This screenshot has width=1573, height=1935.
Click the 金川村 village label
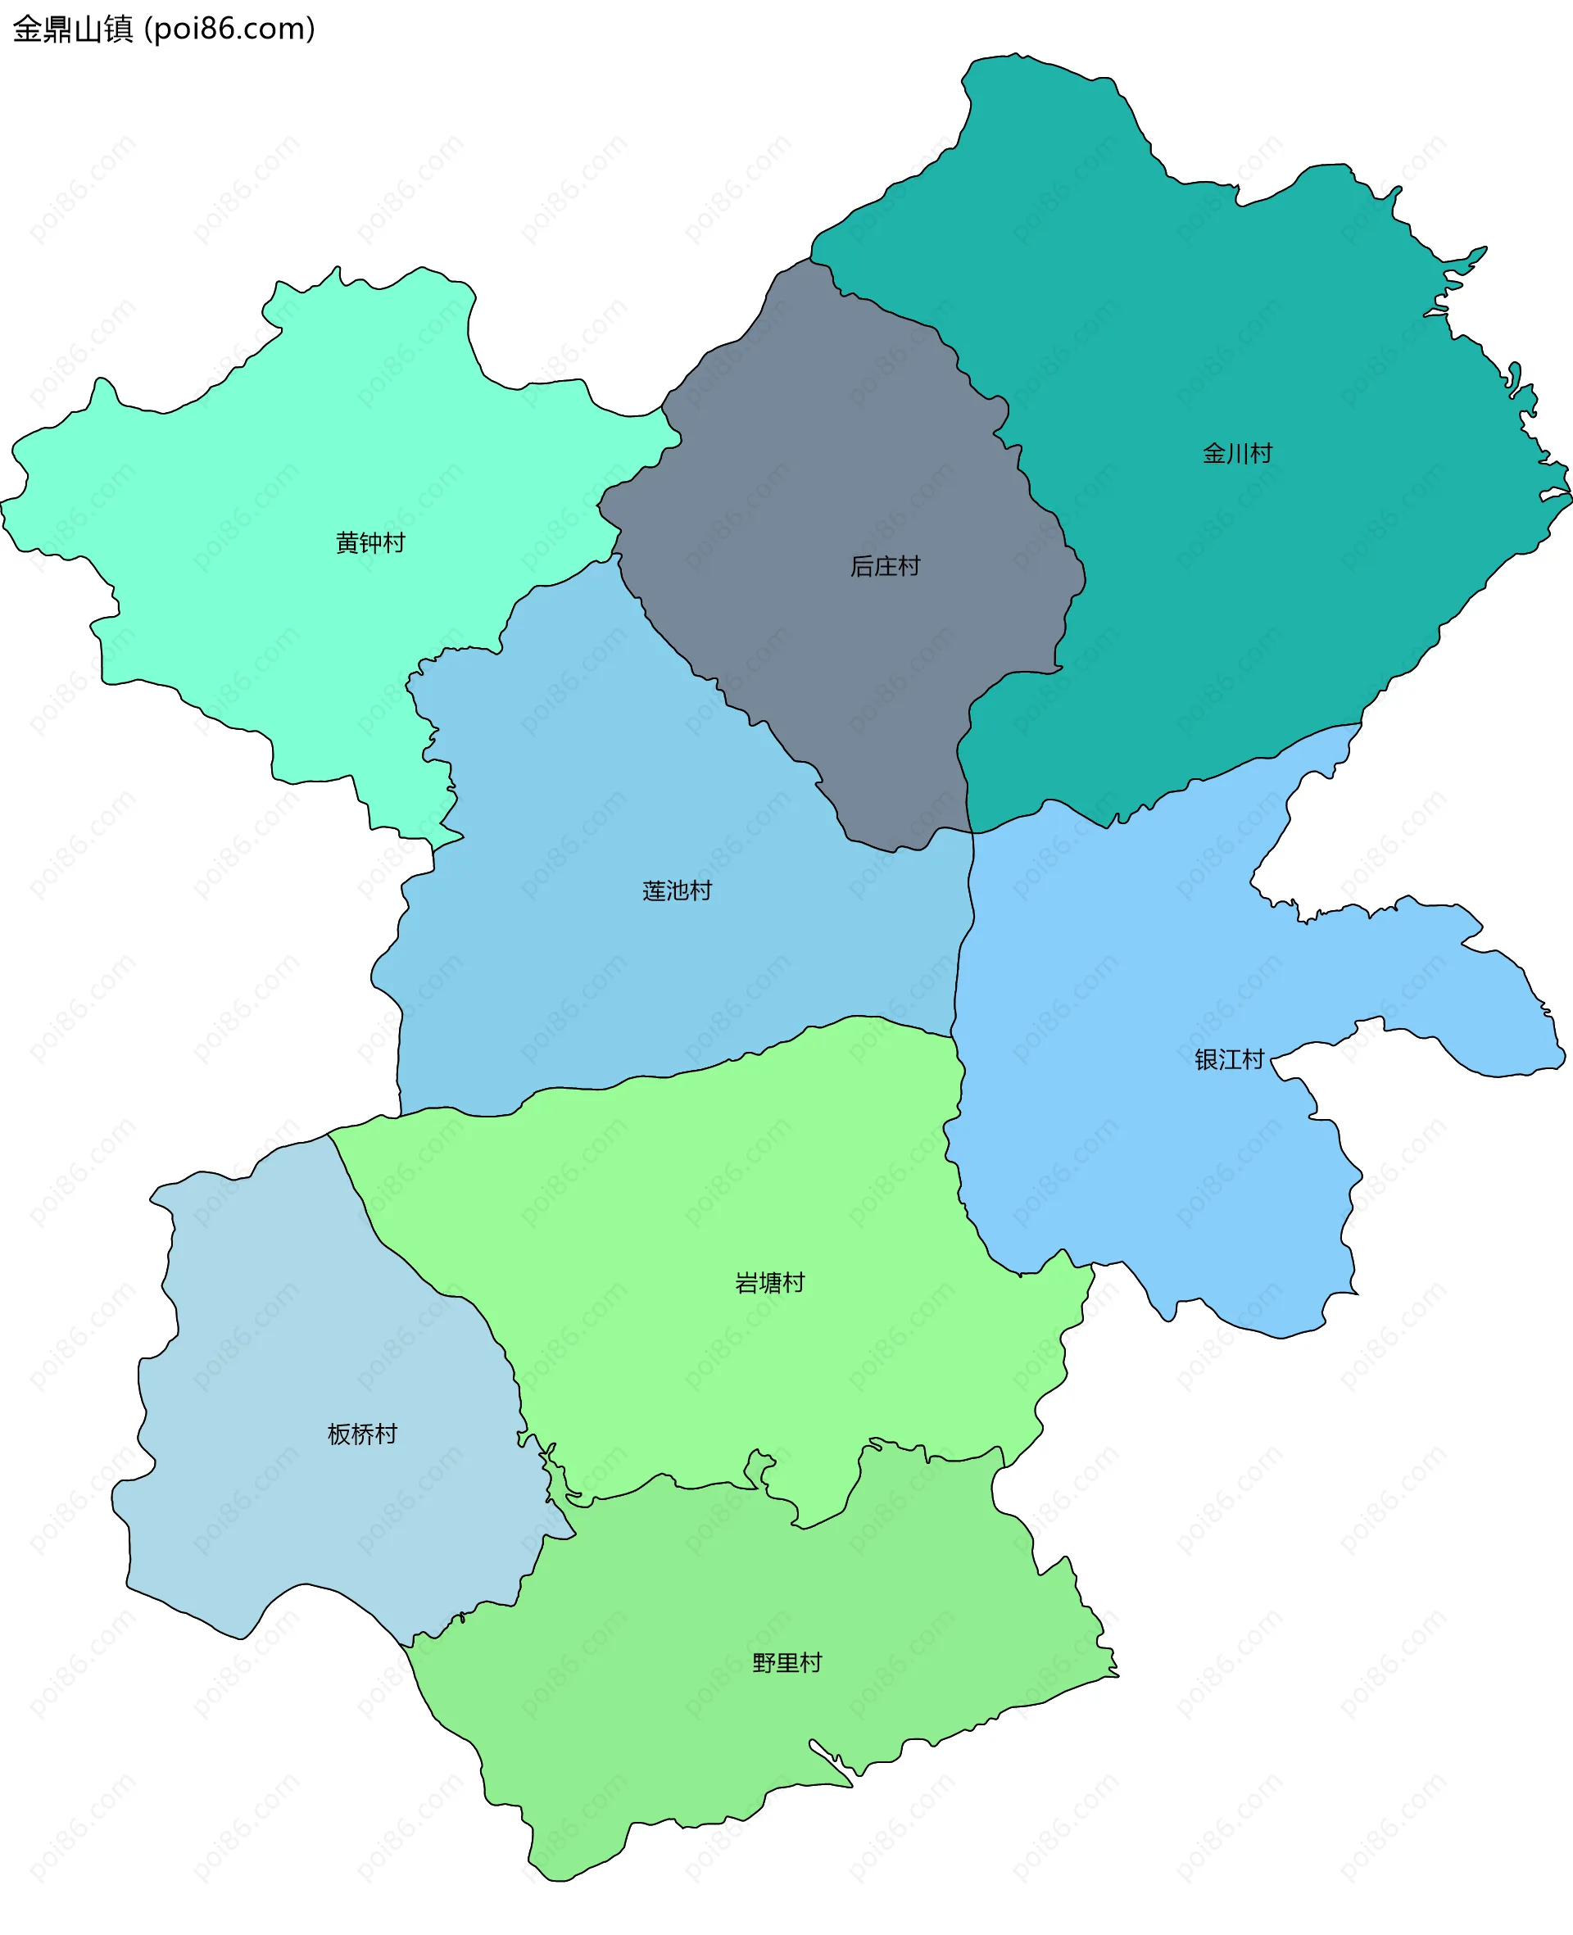(x=1237, y=453)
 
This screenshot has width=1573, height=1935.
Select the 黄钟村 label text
(x=369, y=542)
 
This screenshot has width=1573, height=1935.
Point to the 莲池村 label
(x=677, y=890)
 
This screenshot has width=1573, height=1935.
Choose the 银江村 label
(x=1229, y=1059)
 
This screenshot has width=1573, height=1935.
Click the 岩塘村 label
(x=769, y=1283)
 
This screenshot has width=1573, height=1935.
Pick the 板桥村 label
(x=361, y=1434)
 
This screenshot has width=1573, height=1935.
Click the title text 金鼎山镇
(x=72, y=29)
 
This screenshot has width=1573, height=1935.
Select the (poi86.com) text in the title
(x=230, y=29)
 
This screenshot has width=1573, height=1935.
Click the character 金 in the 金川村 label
(x=1214, y=453)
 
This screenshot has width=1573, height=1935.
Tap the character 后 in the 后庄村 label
(x=862, y=566)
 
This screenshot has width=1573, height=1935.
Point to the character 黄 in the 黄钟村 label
(x=347, y=542)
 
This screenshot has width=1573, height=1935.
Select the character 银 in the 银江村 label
(x=1206, y=1059)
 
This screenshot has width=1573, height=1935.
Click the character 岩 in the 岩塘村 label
(x=746, y=1283)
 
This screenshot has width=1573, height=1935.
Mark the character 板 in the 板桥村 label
(x=339, y=1434)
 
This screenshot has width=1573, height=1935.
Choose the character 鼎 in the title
(x=57, y=29)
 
